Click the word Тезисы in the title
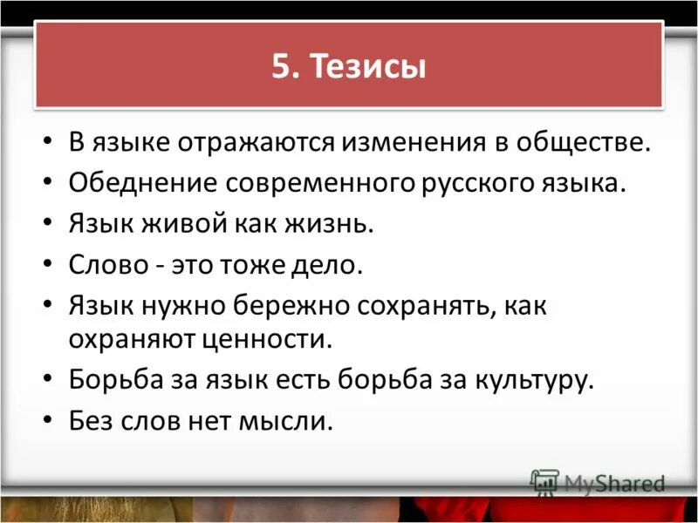pyautogui.click(x=370, y=67)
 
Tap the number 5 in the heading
pyautogui.click(x=281, y=67)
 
